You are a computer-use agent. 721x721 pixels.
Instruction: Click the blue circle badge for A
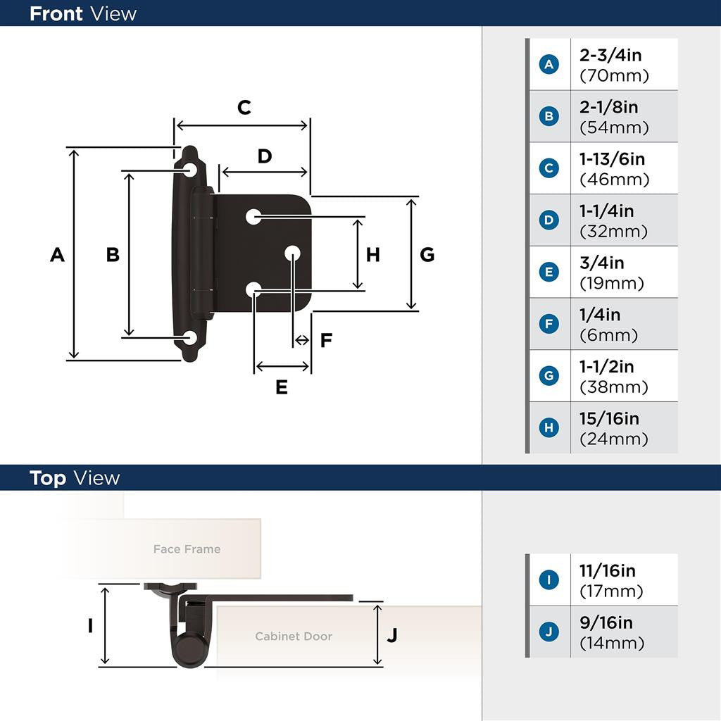coord(549,65)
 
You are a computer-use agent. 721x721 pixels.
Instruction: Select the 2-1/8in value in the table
coord(609,107)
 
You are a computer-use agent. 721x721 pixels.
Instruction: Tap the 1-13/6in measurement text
coord(612,159)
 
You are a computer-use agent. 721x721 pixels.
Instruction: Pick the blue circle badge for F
coord(549,324)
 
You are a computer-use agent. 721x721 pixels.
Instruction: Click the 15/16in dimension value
coord(609,419)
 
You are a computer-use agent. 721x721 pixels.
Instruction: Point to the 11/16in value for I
coord(607,571)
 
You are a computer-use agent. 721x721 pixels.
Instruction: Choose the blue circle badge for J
coord(549,632)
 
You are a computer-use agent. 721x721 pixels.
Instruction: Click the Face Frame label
coord(187,549)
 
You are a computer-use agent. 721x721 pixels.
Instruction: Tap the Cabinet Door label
coord(294,637)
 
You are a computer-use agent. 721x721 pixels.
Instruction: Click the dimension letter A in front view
coord(58,255)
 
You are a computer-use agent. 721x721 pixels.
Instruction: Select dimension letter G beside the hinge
coord(427,255)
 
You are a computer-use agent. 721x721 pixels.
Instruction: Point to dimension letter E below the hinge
coord(282,387)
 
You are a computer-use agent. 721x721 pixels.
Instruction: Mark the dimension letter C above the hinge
coord(244,108)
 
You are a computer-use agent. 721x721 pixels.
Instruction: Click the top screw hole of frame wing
coord(190,170)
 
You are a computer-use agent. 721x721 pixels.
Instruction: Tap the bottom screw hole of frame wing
coord(190,338)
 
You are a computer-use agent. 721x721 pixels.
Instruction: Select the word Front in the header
coord(56,13)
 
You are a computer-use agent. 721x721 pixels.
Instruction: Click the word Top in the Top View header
coord(48,478)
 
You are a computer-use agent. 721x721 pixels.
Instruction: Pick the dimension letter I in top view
coord(90,625)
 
